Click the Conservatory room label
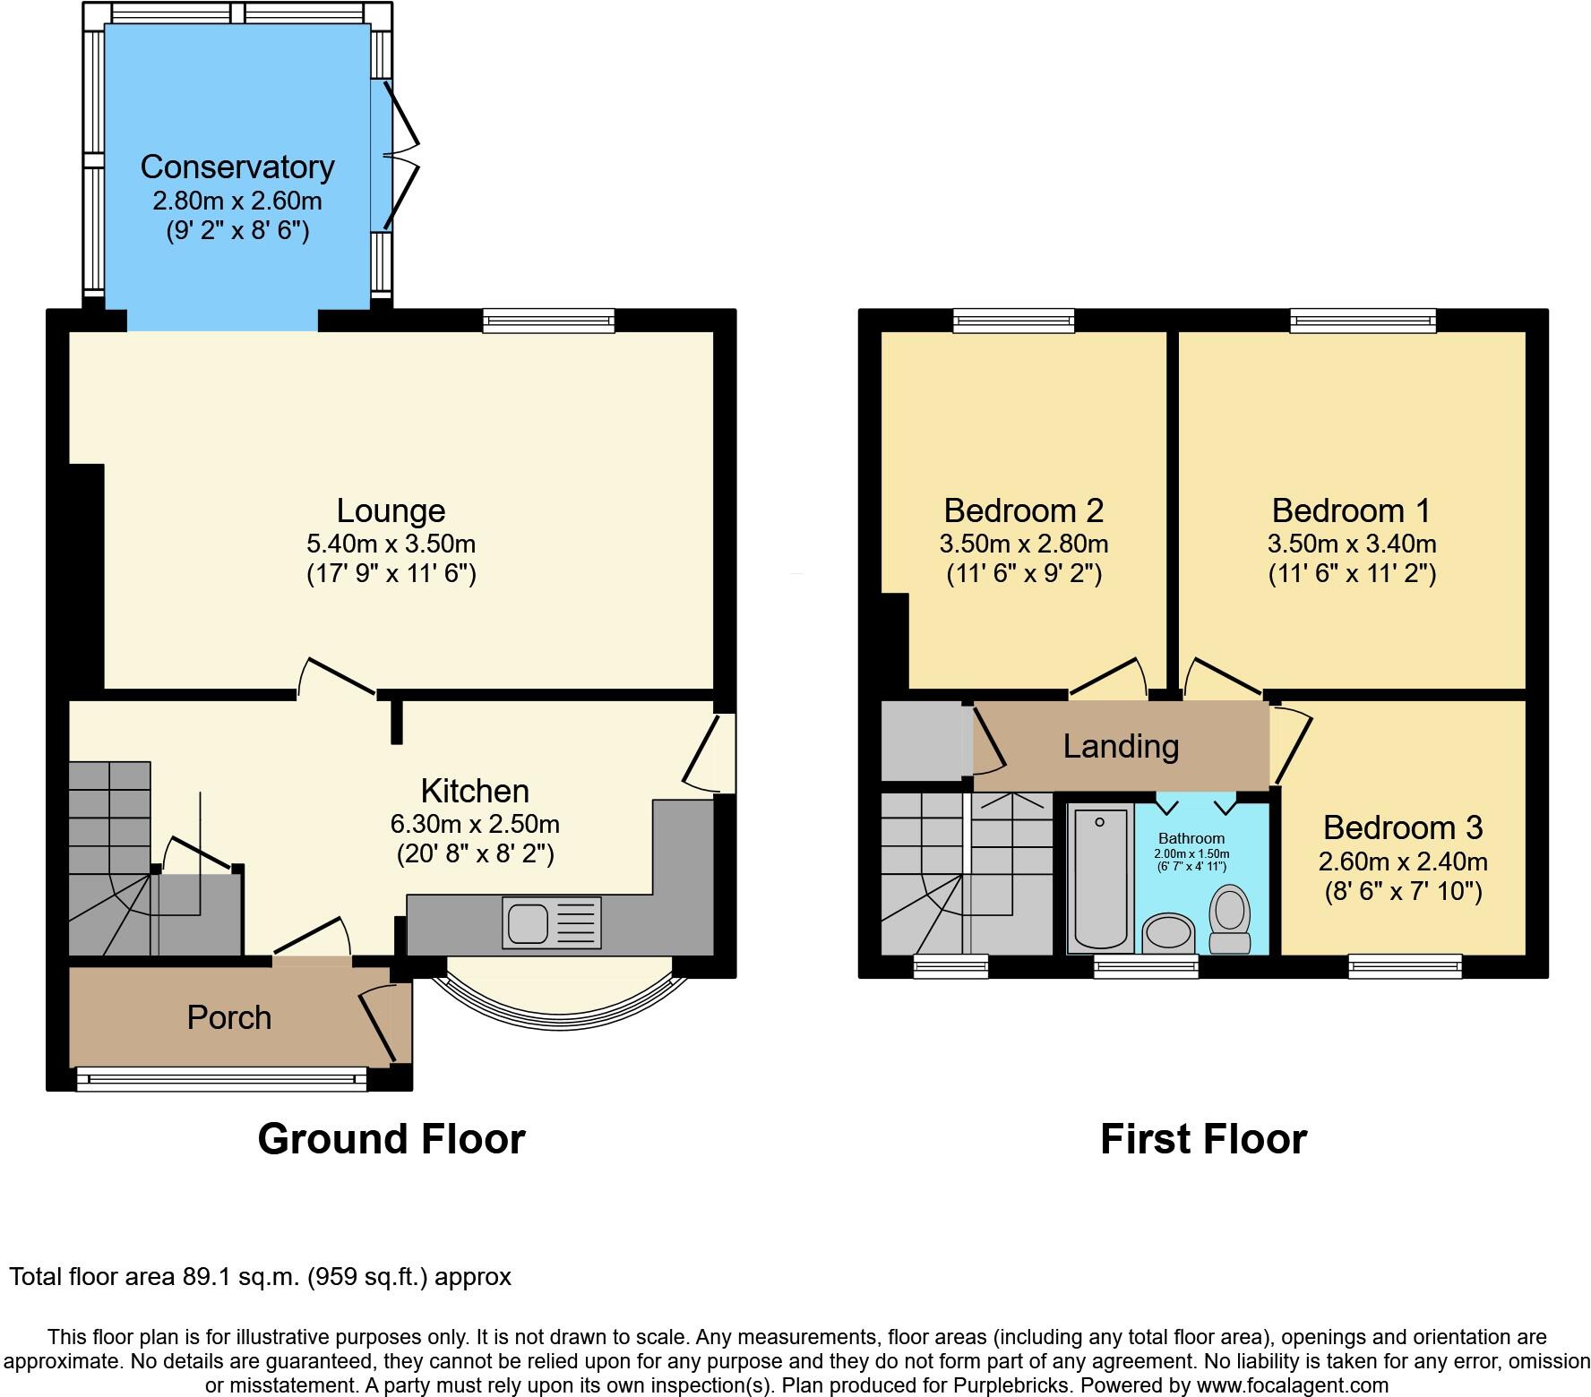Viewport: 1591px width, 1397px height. click(x=237, y=167)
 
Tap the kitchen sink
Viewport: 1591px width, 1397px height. click(x=528, y=923)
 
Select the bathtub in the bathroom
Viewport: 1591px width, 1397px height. click(x=1100, y=878)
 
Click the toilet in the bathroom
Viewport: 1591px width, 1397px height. click(x=1230, y=919)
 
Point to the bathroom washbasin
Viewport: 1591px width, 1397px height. click(x=1169, y=932)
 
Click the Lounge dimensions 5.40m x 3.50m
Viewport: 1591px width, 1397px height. click(x=391, y=544)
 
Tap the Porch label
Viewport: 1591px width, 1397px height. click(x=228, y=1017)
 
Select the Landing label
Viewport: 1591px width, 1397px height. click(x=1121, y=746)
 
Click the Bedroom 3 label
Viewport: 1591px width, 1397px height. click(x=1402, y=827)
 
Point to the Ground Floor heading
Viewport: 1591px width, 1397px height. click(x=391, y=1139)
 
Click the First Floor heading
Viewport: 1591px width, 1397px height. click(x=1203, y=1139)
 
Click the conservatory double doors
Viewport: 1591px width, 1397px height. click(x=400, y=154)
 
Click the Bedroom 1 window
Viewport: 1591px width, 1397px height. click(x=1363, y=320)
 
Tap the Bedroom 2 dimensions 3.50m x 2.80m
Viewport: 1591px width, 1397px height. click(x=1024, y=544)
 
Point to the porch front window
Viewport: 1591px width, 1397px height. click(x=221, y=1079)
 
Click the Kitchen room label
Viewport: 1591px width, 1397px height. click(x=475, y=791)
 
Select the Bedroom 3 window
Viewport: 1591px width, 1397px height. click(x=1405, y=965)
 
